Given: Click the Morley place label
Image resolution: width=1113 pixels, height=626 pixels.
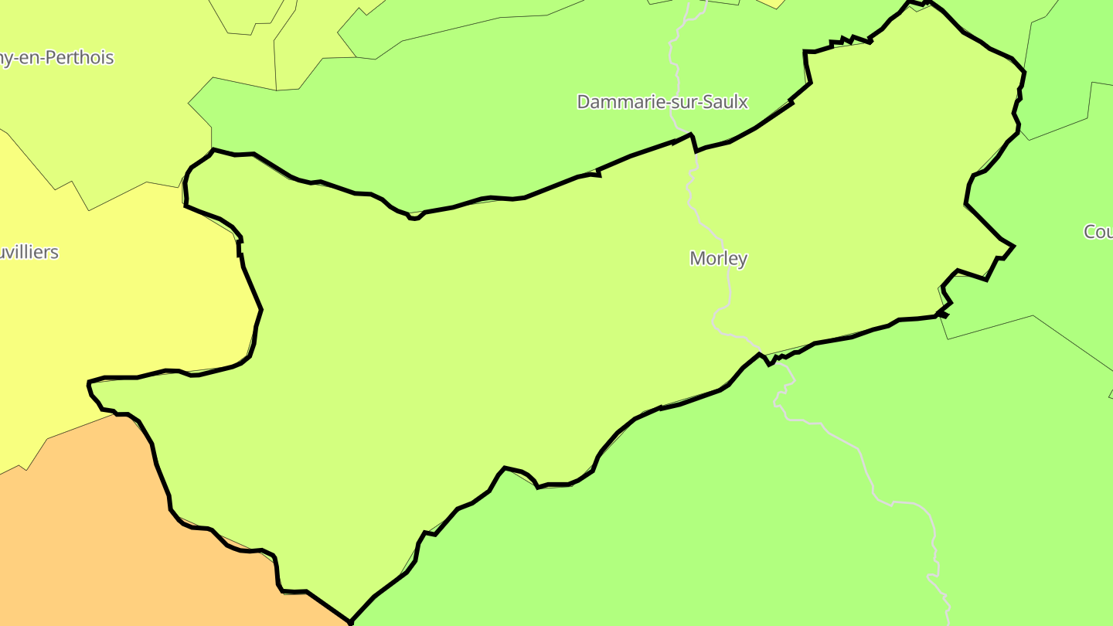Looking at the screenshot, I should tap(718, 259).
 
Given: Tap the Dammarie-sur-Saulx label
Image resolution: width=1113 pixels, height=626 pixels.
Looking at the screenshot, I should tap(662, 102).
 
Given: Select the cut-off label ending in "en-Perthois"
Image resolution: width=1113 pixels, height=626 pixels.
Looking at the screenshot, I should tap(56, 58).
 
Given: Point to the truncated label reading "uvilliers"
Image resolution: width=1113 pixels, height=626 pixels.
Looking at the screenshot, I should tap(29, 253).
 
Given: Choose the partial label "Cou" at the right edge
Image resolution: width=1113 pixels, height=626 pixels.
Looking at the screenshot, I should tap(1098, 232).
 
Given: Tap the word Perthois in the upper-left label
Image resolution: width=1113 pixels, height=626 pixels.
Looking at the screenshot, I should tap(80, 58).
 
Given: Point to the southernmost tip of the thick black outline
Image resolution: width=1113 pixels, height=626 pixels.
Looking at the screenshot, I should tap(351, 621).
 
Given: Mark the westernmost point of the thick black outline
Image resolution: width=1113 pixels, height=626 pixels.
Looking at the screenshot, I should tap(89, 382).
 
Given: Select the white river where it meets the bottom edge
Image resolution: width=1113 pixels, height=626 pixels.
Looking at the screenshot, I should tap(948, 623).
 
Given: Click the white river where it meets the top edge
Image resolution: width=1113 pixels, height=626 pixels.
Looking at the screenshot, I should tap(687, 2).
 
